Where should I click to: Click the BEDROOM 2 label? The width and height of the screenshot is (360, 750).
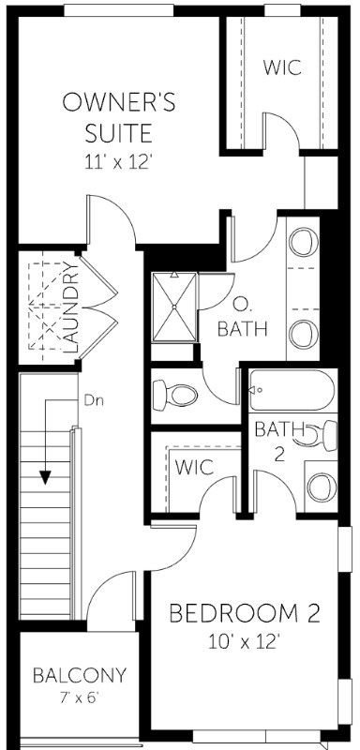pos(245,614)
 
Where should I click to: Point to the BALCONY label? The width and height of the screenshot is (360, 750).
pos(79,675)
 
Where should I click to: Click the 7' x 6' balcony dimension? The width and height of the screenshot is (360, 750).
pos(79,697)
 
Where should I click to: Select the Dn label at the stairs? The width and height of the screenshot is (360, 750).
pos(93,400)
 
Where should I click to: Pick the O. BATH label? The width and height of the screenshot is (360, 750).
pos(242,316)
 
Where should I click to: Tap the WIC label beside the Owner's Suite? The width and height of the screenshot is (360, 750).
pos(280,67)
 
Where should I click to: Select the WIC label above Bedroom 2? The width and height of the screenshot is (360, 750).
pos(194,466)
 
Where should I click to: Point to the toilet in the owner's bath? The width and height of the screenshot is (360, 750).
pos(176,394)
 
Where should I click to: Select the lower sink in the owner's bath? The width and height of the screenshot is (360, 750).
pos(302,332)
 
